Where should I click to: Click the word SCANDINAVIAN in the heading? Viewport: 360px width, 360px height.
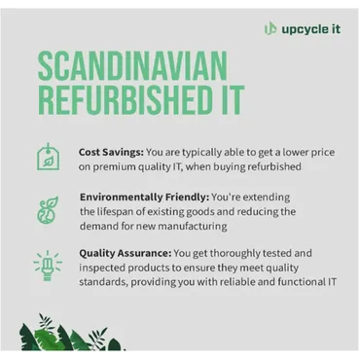(x=132, y=69)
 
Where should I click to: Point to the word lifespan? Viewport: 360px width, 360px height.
(x=125, y=211)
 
